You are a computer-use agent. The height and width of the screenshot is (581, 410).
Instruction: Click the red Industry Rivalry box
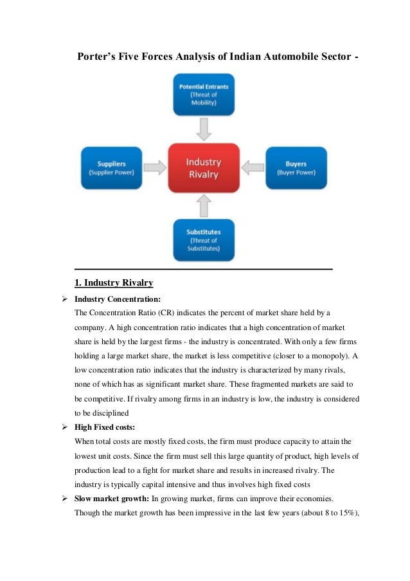pyautogui.click(x=203, y=167)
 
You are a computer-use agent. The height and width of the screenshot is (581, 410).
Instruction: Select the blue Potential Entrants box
pyautogui.click(x=203, y=93)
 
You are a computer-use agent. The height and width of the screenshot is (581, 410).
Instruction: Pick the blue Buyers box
pyautogui.click(x=296, y=167)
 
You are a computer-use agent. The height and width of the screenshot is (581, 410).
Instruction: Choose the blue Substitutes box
pyautogui.click(x=203, y=239)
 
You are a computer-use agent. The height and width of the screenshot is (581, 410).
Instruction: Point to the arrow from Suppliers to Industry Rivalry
pyautogui.click(x=154, y=168)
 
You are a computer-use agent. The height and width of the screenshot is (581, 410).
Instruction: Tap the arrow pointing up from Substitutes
pyautogui.click(x=204, y=205)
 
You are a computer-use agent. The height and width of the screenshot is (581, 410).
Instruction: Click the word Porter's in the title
pyautogui.click(x=98, y=57)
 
